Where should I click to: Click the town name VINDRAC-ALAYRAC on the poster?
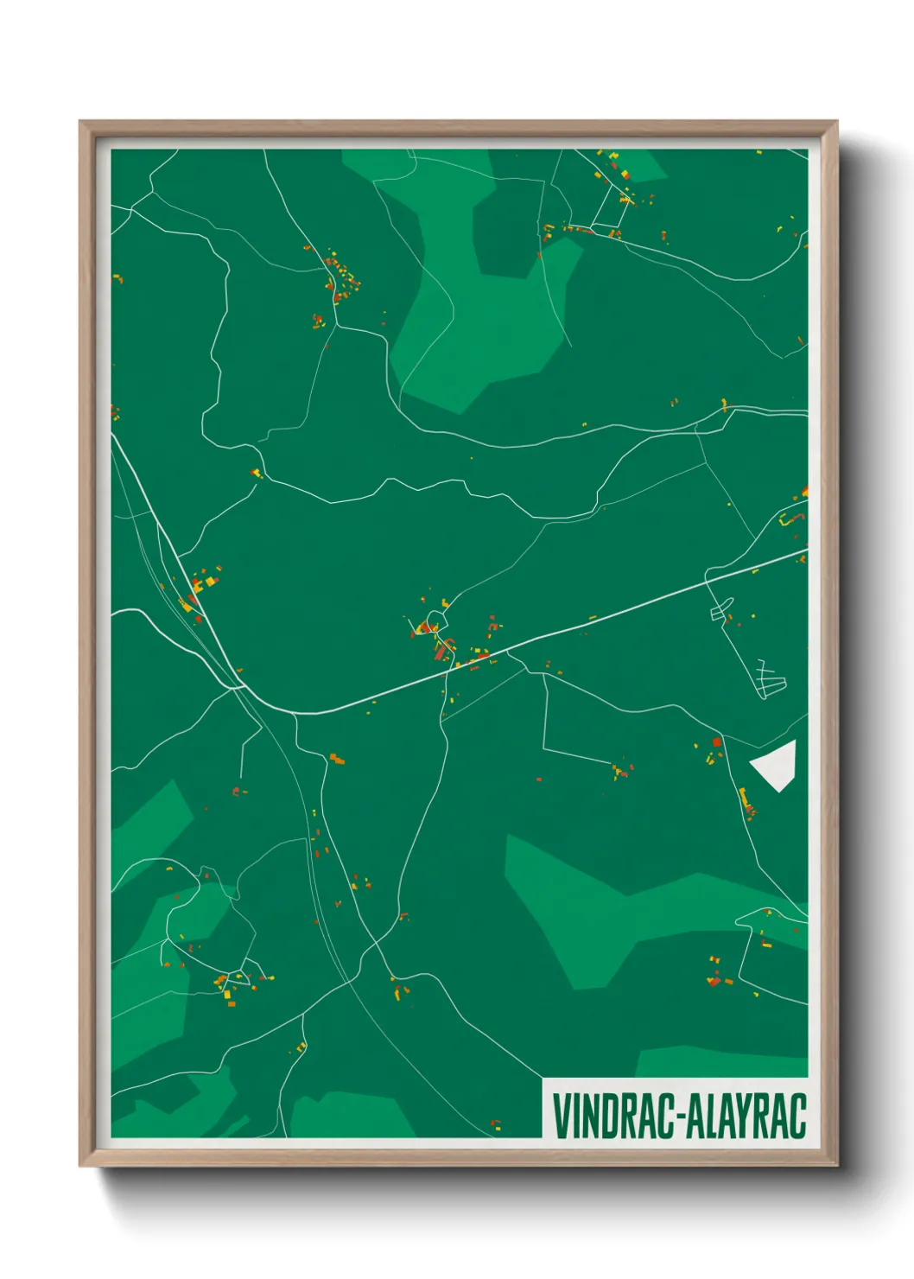678,1116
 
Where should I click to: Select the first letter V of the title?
559,1116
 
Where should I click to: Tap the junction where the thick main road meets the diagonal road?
240,689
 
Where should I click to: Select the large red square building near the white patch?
716,742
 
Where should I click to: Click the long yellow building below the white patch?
743,797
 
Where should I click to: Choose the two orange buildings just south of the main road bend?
337,760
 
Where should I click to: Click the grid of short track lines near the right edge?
771,678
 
